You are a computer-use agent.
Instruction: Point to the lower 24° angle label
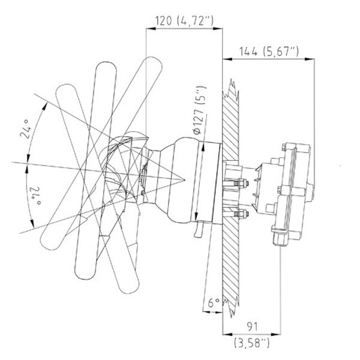(x=25, y=196)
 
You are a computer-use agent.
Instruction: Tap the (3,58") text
(x=251, y=343)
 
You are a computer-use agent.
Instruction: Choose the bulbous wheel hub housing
(x=180, y=180)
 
